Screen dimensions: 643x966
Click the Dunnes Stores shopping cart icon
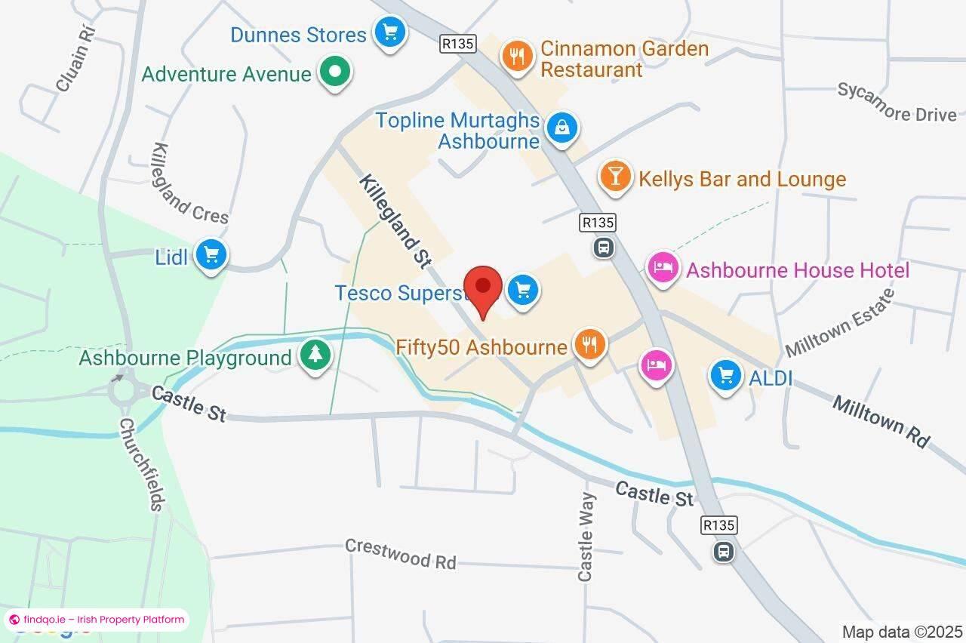390,32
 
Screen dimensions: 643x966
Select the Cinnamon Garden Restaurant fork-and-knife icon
517,56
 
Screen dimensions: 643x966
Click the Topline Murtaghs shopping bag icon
562,128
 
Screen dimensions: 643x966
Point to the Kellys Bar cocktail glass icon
616,176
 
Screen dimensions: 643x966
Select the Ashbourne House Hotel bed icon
663,268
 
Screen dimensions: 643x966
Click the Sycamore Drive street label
897,103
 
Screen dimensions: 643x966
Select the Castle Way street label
586,537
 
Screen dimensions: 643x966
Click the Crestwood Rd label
401,554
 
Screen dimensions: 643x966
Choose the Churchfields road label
143,464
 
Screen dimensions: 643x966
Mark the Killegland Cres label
190,183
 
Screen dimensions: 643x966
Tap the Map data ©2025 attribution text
903,632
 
